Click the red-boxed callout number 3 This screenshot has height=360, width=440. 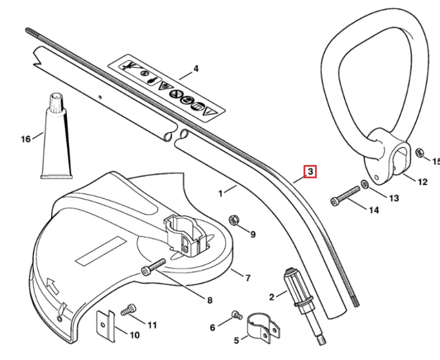tap(310, 171)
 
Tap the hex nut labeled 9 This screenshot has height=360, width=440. tap(233, 220)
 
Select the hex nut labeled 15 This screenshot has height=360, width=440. tap(420, 153)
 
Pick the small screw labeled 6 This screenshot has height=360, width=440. tap(237, 315)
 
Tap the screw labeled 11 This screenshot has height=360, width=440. tap(128, 309)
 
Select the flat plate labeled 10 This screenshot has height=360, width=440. tap(106, 327)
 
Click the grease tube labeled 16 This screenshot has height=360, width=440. tap(57, 136)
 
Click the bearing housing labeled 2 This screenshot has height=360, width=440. tap(304, 305)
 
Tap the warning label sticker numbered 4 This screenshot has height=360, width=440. tap(167, 88)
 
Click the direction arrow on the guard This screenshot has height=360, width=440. tap(53, 285)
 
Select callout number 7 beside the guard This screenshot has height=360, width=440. tap(248, 278)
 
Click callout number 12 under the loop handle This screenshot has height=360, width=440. tap(422, 181)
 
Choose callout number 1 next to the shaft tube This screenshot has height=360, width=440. tap(221, 193)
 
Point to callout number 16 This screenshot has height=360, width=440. tap(26, 139)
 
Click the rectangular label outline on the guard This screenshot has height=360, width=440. tap(101, 251)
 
